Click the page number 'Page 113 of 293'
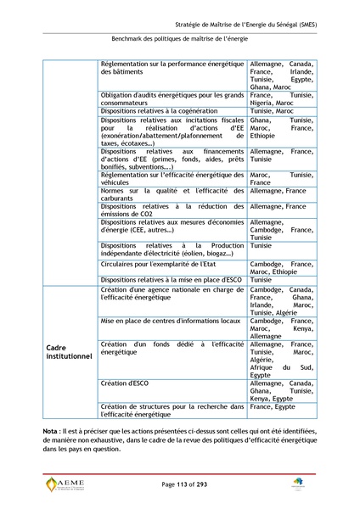click(179, 484)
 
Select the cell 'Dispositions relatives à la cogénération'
click(160, 110)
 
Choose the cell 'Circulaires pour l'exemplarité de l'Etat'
click(157, 264)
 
